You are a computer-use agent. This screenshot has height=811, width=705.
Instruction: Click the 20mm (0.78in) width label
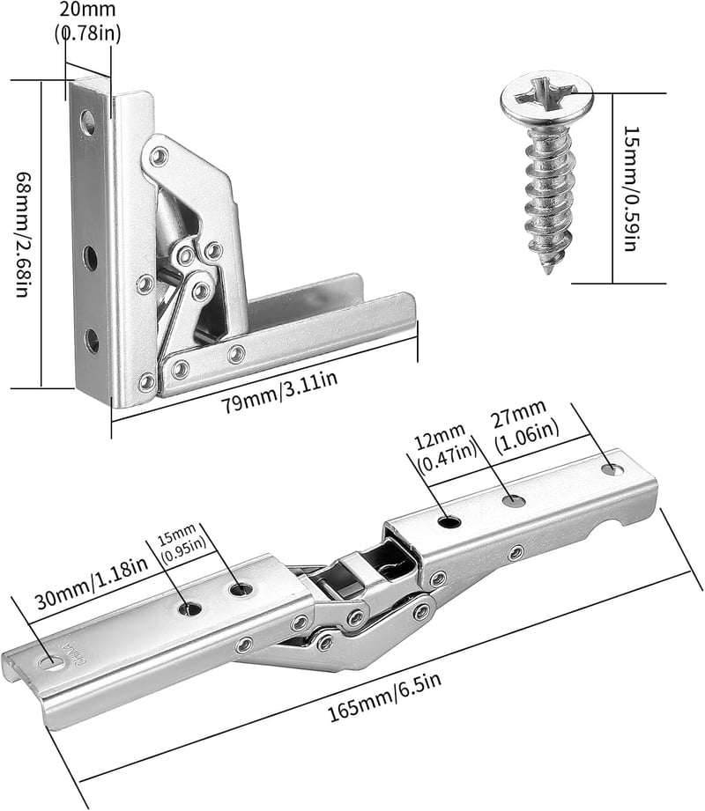87,22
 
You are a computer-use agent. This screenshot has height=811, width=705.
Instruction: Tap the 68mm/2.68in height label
22,234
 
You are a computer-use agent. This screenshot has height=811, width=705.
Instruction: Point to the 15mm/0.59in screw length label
630,188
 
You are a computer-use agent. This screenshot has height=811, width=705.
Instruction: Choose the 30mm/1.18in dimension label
91,582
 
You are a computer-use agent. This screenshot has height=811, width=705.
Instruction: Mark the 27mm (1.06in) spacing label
525,427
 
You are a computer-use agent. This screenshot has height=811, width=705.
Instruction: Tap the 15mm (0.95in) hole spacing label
182,542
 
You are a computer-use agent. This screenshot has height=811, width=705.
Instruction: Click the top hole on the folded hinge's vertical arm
87,122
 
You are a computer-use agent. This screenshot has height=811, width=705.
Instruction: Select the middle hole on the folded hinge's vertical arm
90,258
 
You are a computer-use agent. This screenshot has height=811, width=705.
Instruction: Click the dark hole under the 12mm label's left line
449,520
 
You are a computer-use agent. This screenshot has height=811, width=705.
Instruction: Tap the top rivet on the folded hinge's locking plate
160,156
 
